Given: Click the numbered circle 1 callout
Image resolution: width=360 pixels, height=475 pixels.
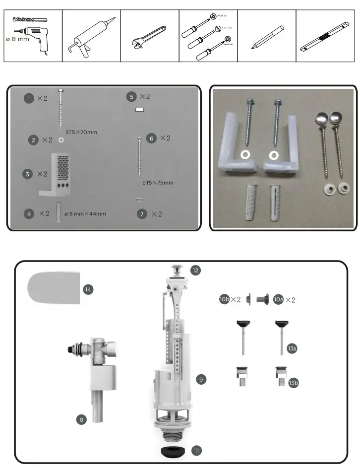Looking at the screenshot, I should pyautogui.click(x=29, y=99).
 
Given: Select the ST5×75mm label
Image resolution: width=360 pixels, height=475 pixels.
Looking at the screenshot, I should pyautogui.click(x=158, y=183).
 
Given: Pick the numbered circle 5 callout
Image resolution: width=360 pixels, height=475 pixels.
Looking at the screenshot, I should pyautogui.click(x=131, y=96).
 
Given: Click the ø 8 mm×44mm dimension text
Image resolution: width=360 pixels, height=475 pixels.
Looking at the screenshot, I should pyautogui.click(x=85, y=214).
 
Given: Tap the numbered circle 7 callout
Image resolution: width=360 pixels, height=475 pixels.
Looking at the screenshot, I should pyautogui.click(x=142, y=214).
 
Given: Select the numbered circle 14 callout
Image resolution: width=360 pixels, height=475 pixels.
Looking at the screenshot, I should pyautogui.click(x=88, y=289).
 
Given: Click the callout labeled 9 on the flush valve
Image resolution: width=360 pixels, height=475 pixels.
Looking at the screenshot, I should pyautogui.click(x=201, y=379).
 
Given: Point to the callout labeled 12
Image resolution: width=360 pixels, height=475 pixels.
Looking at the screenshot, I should pyautogui.click(x=195, y=270).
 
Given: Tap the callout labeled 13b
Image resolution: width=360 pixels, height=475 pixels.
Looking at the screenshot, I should pyautogui.click(x=293, y=383).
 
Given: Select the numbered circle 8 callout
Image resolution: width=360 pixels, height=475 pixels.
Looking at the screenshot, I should pyautogui.click(x=82, y=420).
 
